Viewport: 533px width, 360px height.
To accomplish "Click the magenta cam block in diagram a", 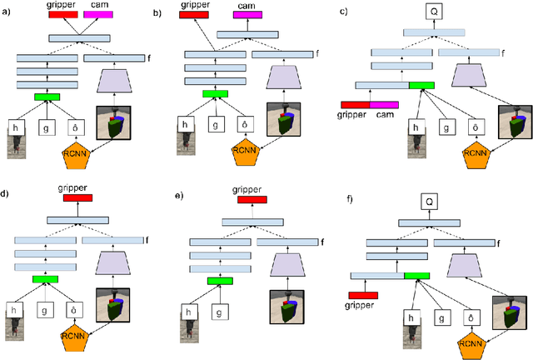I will [x=97, y=15].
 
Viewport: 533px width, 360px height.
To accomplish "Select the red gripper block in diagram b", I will [x=196, y=15].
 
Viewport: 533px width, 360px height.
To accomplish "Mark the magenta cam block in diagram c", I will [x=384, y=104].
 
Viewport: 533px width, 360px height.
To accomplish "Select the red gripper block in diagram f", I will [x=362, y=295].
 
